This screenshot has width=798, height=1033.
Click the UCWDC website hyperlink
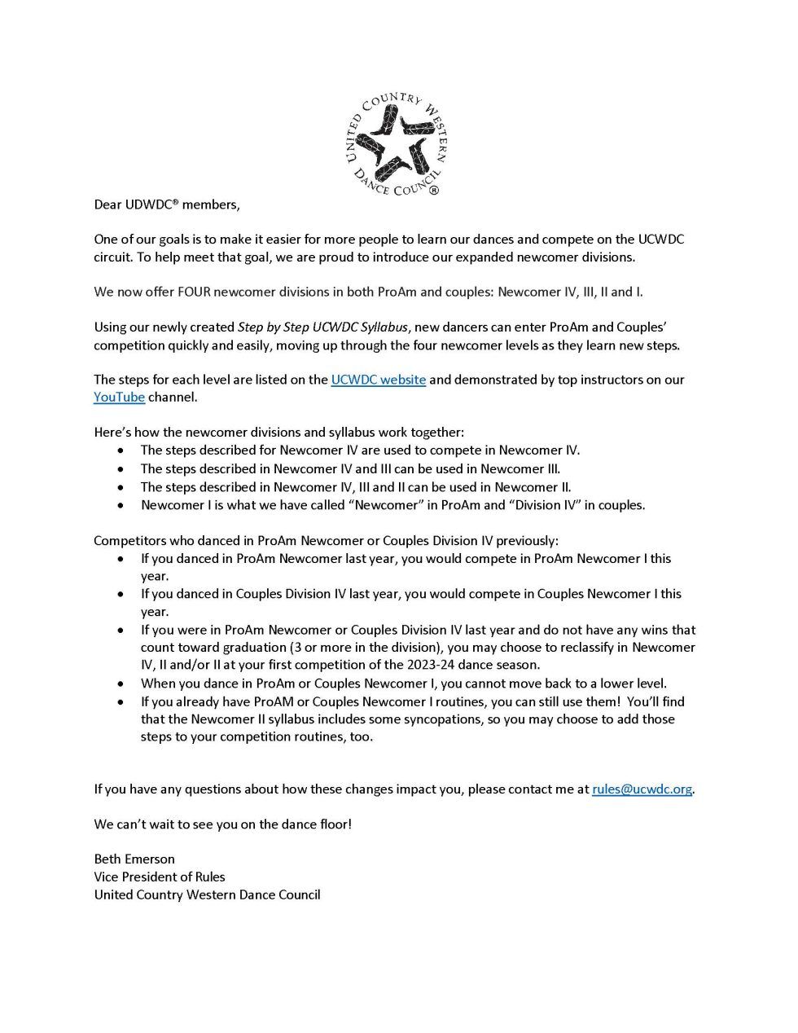[378, 380]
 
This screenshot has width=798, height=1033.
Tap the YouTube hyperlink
[119, 398]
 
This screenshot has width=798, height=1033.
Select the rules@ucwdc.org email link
[642, 789]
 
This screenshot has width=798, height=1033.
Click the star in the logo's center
[395, 145]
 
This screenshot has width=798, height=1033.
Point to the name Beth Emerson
[134, 859]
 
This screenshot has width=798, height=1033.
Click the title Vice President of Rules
[160, 877]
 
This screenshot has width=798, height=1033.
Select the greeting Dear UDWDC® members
[166, 204]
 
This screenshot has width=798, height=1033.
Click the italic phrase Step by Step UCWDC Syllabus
[322, 327]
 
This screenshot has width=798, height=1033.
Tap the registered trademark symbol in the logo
[433, 191]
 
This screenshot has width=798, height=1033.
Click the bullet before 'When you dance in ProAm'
[121, 684]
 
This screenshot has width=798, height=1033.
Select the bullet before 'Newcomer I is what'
[121, 505]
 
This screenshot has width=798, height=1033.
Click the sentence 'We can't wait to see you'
[222, 824]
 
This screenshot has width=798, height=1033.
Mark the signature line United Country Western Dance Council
[207, 895]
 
